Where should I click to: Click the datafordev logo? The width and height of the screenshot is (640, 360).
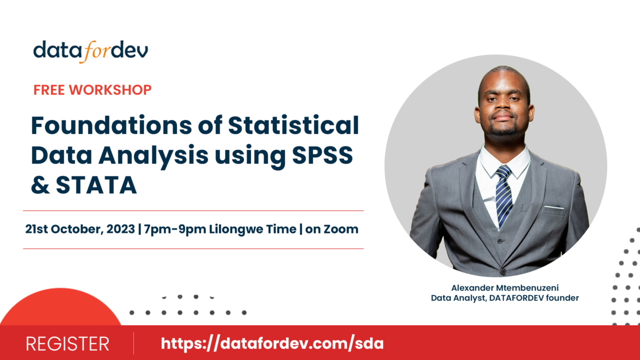coord(90,51)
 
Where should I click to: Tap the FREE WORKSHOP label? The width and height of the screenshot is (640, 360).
coord(92,90)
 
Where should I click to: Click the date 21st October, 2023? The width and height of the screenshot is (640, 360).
coord(80,229)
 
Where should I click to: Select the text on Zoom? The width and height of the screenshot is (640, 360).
coord(331,229)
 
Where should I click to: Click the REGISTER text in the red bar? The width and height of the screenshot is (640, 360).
coord(67,344)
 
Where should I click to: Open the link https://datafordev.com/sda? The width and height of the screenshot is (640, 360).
coord(272,343)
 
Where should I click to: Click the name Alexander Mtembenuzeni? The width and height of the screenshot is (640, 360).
coord(504,288)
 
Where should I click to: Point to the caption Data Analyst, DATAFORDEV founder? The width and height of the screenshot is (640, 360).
coord(504,298)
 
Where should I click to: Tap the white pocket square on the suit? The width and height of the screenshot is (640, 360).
coord(554,207)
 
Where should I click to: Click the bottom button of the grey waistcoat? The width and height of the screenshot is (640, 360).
coord(503,271)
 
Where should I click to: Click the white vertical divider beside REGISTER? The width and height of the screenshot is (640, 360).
coord(133,343)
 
